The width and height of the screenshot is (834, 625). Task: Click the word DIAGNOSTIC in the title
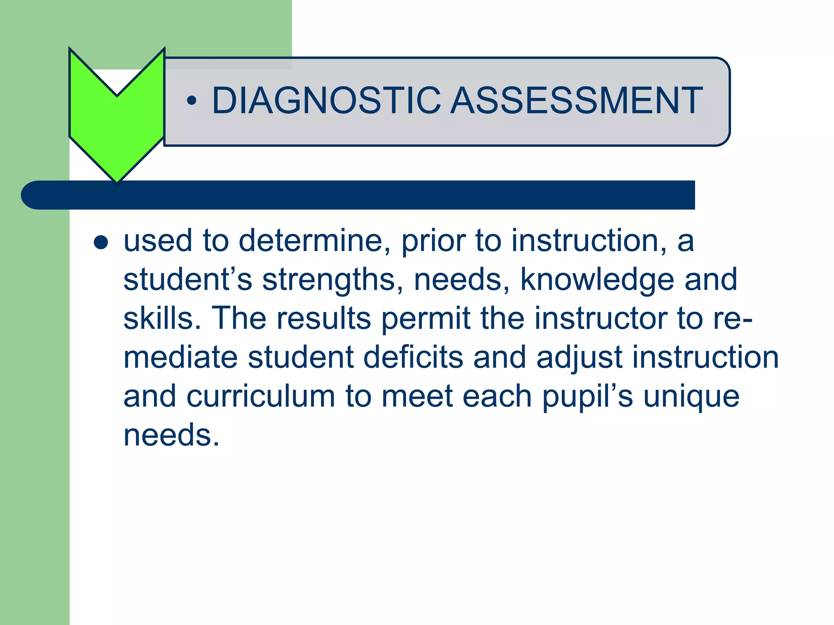326,101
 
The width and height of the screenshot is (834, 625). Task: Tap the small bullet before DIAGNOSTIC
191,101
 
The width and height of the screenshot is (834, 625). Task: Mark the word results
324,318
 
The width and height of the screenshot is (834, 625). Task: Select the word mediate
180,357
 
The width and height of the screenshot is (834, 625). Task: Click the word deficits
413,357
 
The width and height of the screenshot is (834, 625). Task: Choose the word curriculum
261,396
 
